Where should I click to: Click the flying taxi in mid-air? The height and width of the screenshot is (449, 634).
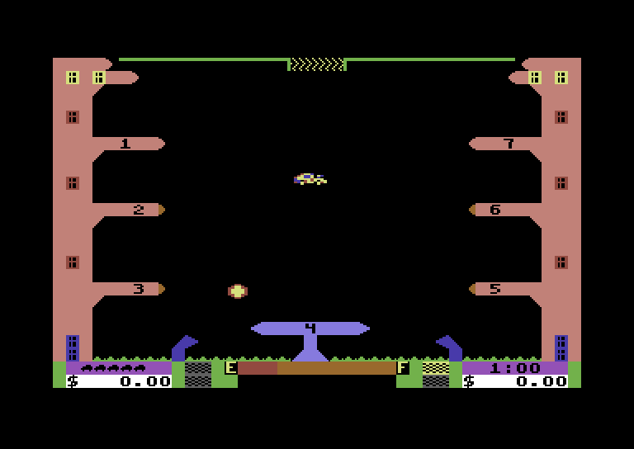(310, 178)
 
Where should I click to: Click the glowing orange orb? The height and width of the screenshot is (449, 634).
(238, 291)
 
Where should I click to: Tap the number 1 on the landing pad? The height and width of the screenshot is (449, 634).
(125, 144)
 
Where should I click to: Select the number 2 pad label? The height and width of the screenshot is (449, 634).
(139, 210)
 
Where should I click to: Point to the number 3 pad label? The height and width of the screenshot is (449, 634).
(139, 289)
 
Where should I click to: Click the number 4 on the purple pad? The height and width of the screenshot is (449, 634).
(310, 328)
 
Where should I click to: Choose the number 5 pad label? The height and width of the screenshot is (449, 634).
(495, 289)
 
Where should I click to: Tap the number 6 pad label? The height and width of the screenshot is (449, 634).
(495, 210)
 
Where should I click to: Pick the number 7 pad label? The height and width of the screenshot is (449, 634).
(509, 144)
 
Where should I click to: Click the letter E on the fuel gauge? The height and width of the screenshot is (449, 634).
(231, 368)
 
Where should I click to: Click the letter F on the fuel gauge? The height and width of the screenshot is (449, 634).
(403, 368)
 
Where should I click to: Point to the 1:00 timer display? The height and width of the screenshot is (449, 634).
(515, 368)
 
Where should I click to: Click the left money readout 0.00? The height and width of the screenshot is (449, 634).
(145, 381)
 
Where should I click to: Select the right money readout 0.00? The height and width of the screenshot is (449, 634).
(542, 381)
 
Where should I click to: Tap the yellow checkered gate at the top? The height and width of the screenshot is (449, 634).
(317, 64)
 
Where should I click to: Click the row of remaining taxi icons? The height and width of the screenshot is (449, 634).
(113, 368)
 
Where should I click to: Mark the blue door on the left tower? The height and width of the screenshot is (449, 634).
(73, 347)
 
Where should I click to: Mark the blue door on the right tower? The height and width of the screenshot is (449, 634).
(561, 347)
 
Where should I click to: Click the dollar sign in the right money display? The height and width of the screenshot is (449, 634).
(469, 381)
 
